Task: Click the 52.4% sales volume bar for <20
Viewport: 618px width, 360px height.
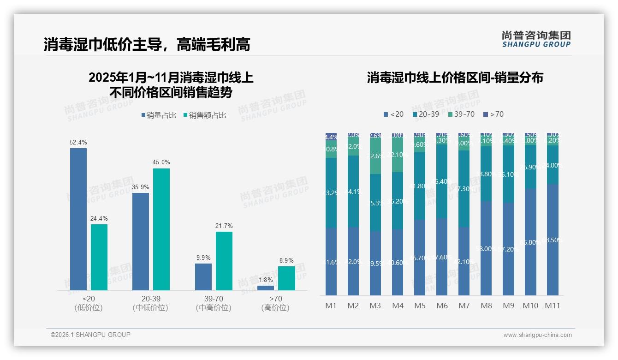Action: [x=78, y=219]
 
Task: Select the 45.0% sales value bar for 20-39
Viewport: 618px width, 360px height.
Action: [x=161, y=229]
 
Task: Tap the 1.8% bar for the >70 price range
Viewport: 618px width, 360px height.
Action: [x=266, y=288]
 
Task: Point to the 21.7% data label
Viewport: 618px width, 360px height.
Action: [x=224, y=226]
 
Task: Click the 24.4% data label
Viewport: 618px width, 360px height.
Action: [x=99, y=218]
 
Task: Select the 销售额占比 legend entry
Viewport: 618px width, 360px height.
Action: [x=204, y=115]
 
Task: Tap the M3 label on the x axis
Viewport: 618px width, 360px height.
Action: [x=375, y=306]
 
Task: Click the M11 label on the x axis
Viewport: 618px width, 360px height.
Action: [x=553, y=306]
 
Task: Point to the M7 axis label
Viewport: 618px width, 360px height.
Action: [x=464, y=306]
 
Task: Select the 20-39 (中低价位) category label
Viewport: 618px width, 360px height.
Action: [x=150, y=303]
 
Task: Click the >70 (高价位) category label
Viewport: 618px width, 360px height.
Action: [x=275, y=303]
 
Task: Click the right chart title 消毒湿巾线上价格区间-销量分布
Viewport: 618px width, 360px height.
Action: [x=455, y=78]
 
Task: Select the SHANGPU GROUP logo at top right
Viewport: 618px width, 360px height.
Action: [x=536, y=39]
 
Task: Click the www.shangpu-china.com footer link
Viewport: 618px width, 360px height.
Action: [x=537, y=335]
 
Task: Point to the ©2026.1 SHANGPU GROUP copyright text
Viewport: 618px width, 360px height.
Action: [x=90, y=335]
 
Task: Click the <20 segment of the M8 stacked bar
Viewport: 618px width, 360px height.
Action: [x=486, y=248]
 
